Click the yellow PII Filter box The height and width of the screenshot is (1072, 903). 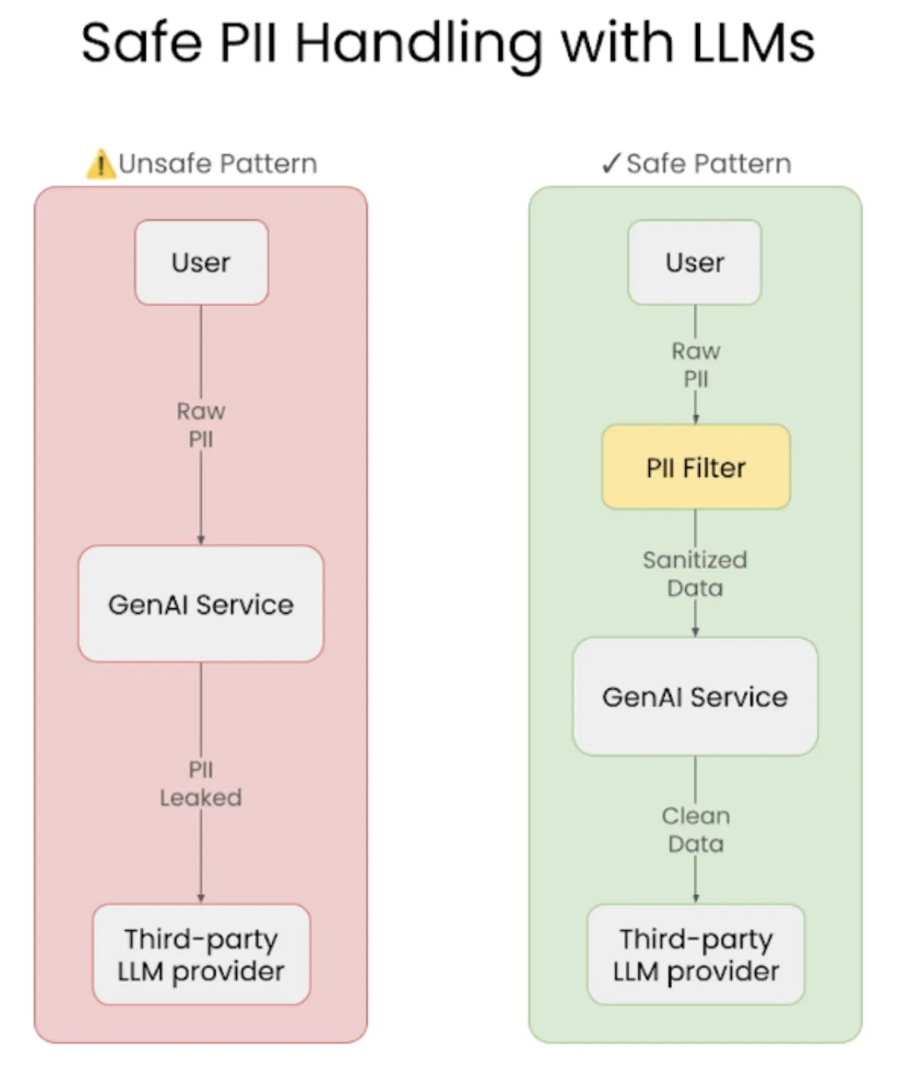pos(695,467)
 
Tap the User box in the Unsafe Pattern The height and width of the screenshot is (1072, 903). pos(201,263)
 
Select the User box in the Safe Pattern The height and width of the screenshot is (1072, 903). pos(695,263)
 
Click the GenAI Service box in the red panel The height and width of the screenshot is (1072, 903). pos(200,605)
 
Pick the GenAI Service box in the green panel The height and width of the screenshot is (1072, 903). pos(695,697)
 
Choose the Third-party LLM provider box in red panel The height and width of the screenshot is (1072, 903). pos(201,955)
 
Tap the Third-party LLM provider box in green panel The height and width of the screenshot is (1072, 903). pos(695,955)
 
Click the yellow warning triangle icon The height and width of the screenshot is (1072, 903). pos(101,165)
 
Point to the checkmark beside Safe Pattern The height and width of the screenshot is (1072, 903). pos(611,163)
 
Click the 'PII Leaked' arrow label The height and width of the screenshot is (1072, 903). pos(200,784)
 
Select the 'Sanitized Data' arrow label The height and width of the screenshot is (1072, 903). pos(695,574)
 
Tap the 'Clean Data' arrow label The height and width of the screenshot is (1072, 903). pos(695,830)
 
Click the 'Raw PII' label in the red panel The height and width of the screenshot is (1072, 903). pos(200,425)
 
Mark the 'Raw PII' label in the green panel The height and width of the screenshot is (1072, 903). pos(695,365)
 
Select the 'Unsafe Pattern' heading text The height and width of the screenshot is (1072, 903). pos(218,163)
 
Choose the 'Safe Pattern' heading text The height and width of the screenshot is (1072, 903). pos(708,163)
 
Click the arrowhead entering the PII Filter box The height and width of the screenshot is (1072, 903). pos(695,420)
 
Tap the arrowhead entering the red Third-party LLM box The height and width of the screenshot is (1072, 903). pos(201,899)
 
